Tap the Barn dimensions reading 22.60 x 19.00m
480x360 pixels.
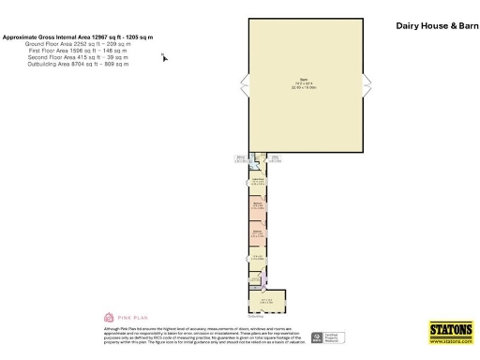[303, 87]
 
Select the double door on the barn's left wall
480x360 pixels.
[246, 87]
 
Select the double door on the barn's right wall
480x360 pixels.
[367, 87]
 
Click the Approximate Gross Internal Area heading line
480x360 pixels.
[78, 37]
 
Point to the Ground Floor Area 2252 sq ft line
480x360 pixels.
[78, 44]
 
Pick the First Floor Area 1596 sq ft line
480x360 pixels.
[78, 51]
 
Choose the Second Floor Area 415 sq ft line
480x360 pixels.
[78, 57]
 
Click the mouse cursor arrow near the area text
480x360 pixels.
[165, 57]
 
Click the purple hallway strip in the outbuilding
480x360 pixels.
[265, 277]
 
